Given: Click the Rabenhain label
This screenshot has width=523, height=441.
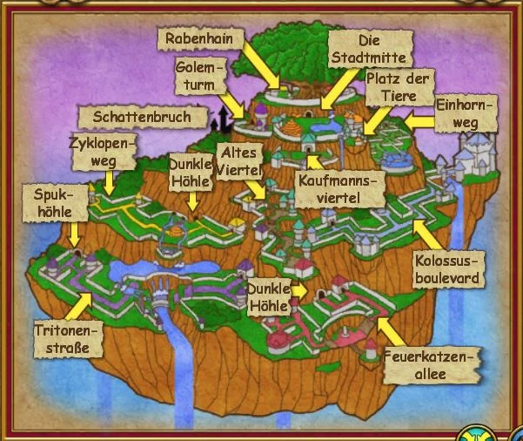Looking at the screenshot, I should pyautogui.click(x=198, y=37).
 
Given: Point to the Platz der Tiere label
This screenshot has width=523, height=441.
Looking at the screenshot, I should pyautogui.click(x=399, y=90).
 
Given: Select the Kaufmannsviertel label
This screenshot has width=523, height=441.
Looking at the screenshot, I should pyautogui.click(x=341, y=189).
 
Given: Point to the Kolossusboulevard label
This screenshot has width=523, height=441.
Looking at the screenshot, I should pyautogui.click(x=447, y=269).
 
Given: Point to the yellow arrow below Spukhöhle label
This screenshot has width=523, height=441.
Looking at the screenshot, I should pyautogui.click(x=75, y=234).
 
